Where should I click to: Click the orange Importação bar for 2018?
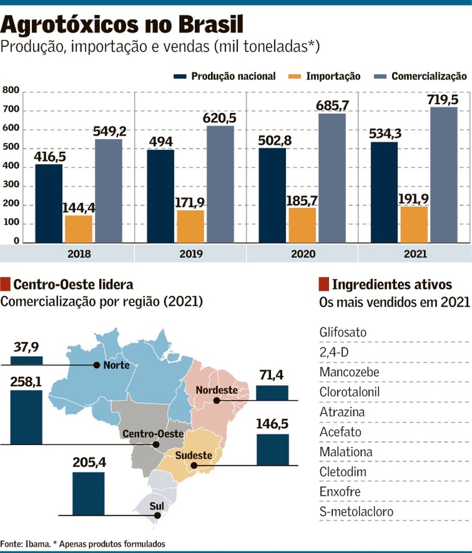click(x=79, y=229)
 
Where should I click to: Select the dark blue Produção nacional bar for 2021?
click(x=384, y=192)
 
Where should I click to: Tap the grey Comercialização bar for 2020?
click(x=332, y=178)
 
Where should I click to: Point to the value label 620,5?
click(x=219, y=118)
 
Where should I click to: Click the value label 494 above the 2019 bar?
click(x=161, y=142)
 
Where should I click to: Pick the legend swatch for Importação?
click(x=295, y=76)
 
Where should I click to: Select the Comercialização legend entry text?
click(x=429, y=76)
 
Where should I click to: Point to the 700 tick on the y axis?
click(x=11, y=109)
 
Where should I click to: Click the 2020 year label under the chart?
click(x=303, y=254)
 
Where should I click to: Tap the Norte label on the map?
click(x=116, y=365)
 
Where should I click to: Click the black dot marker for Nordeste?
click(x=216, y=400)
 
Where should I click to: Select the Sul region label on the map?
click(x=157, y=506)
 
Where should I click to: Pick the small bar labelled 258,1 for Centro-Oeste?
click(x=26, y=417)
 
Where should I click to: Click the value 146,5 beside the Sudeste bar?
click(x=272, y=424)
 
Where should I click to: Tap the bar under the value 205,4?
click(x=88, y=494)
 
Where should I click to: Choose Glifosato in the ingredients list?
click(x=343, y=332)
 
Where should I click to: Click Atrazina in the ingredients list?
click(x=342, y=412)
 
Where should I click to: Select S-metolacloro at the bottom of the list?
click(x=356, y=512)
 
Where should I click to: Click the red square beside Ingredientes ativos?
click(x=323, y=284)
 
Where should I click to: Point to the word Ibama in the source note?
click(x=38, y=544)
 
